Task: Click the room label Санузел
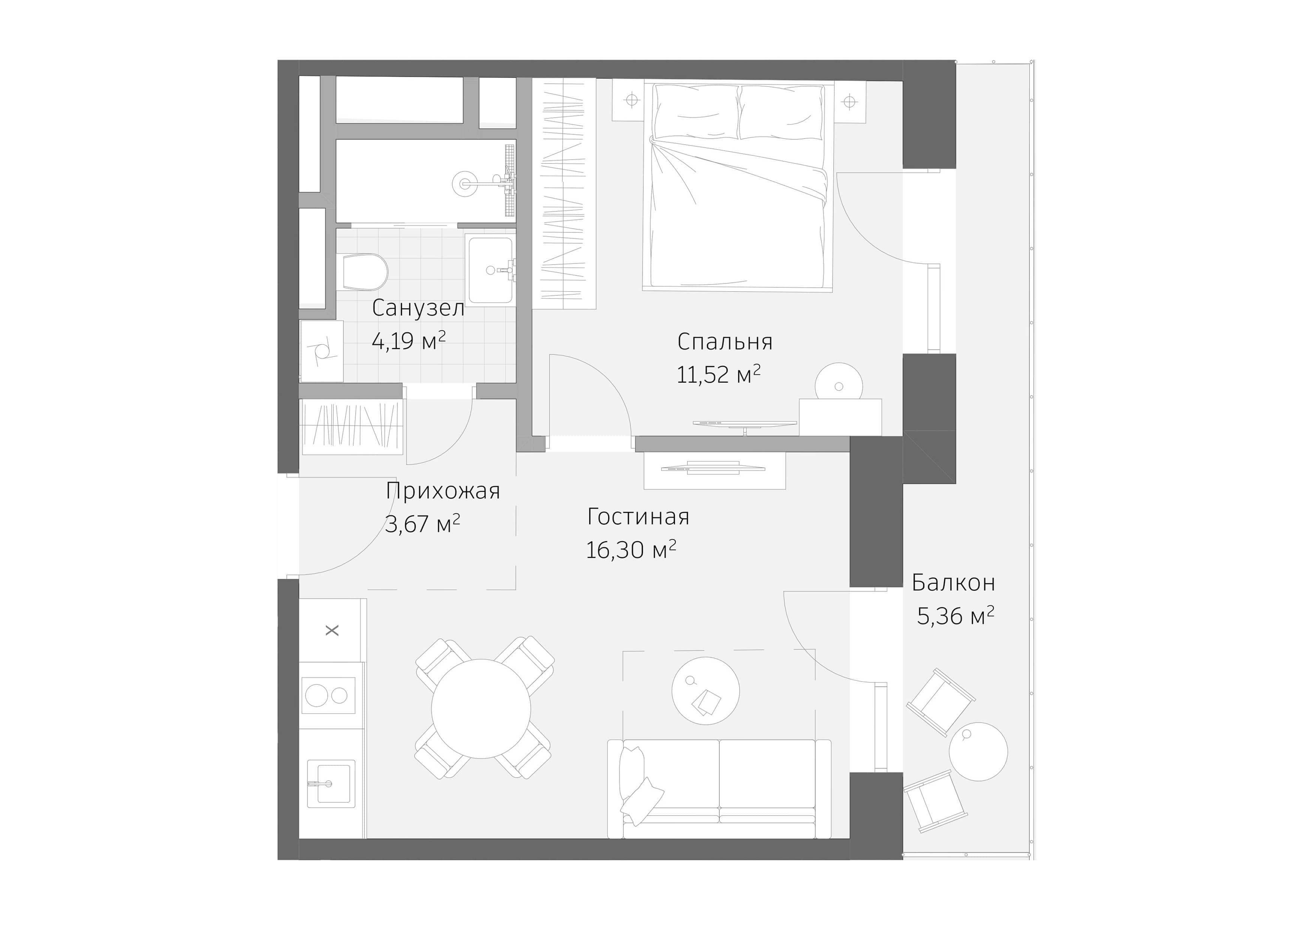click(x=418, y=308)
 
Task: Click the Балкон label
click(x=953, y=583)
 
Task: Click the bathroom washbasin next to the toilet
click(x=491, y=270)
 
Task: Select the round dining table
click(x=481, y=708)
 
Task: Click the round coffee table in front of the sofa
click(x=705, y=690)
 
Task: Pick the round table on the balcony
click(x=978, y=751)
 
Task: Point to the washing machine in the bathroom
click(x=321, y=351)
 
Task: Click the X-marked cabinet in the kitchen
click(x=332, y=630)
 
